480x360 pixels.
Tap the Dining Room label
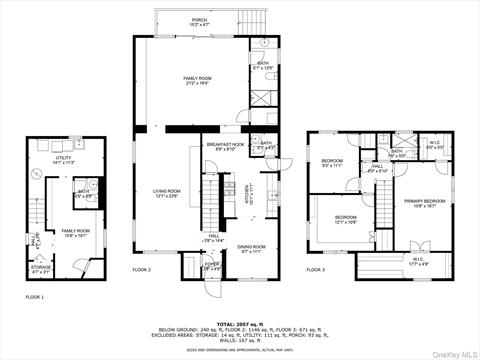pos(250,248)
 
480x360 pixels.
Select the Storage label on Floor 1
pos(41,269)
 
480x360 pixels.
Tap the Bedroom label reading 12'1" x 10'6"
pos(345,220)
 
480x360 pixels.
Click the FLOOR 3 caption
pos(315,270)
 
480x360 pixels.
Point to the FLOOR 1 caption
pos(34,297)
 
